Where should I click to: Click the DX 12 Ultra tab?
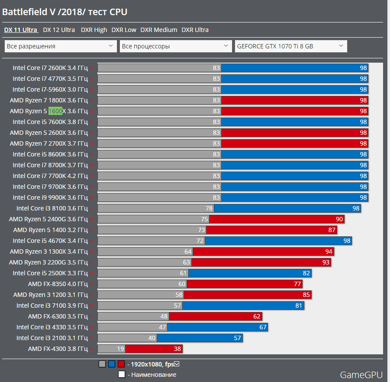(59, 30)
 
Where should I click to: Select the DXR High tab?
(94, 30)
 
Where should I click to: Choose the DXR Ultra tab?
(195, 30)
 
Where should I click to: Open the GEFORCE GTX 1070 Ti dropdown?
(290, 46)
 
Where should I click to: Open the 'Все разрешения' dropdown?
(61, 46)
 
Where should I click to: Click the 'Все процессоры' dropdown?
(176, 46)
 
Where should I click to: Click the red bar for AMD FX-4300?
(154, 349)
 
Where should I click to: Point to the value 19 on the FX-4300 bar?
(120, 349)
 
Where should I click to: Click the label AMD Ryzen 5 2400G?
(48, 219)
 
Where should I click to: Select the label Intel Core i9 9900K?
(50, 197)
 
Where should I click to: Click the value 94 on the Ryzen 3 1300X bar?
(329, 251)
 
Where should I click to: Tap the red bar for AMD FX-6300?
(215, 316)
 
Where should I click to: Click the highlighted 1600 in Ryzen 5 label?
(55, 111)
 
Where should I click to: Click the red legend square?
(121, 364)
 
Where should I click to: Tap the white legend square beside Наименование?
(122, 375)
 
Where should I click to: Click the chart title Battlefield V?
(65, 12)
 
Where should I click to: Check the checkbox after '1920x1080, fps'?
(176, 364)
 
